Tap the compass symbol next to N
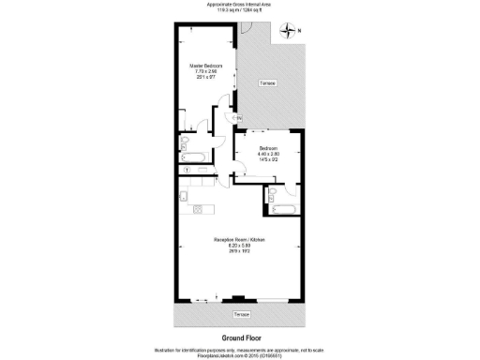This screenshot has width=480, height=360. click(287, 32)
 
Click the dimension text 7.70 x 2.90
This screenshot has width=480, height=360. click(206, 72)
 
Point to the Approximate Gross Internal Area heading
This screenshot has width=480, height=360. click(240, 4)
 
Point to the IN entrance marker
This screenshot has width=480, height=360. click(238, 117)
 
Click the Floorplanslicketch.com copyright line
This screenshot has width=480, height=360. click(240, 354)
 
